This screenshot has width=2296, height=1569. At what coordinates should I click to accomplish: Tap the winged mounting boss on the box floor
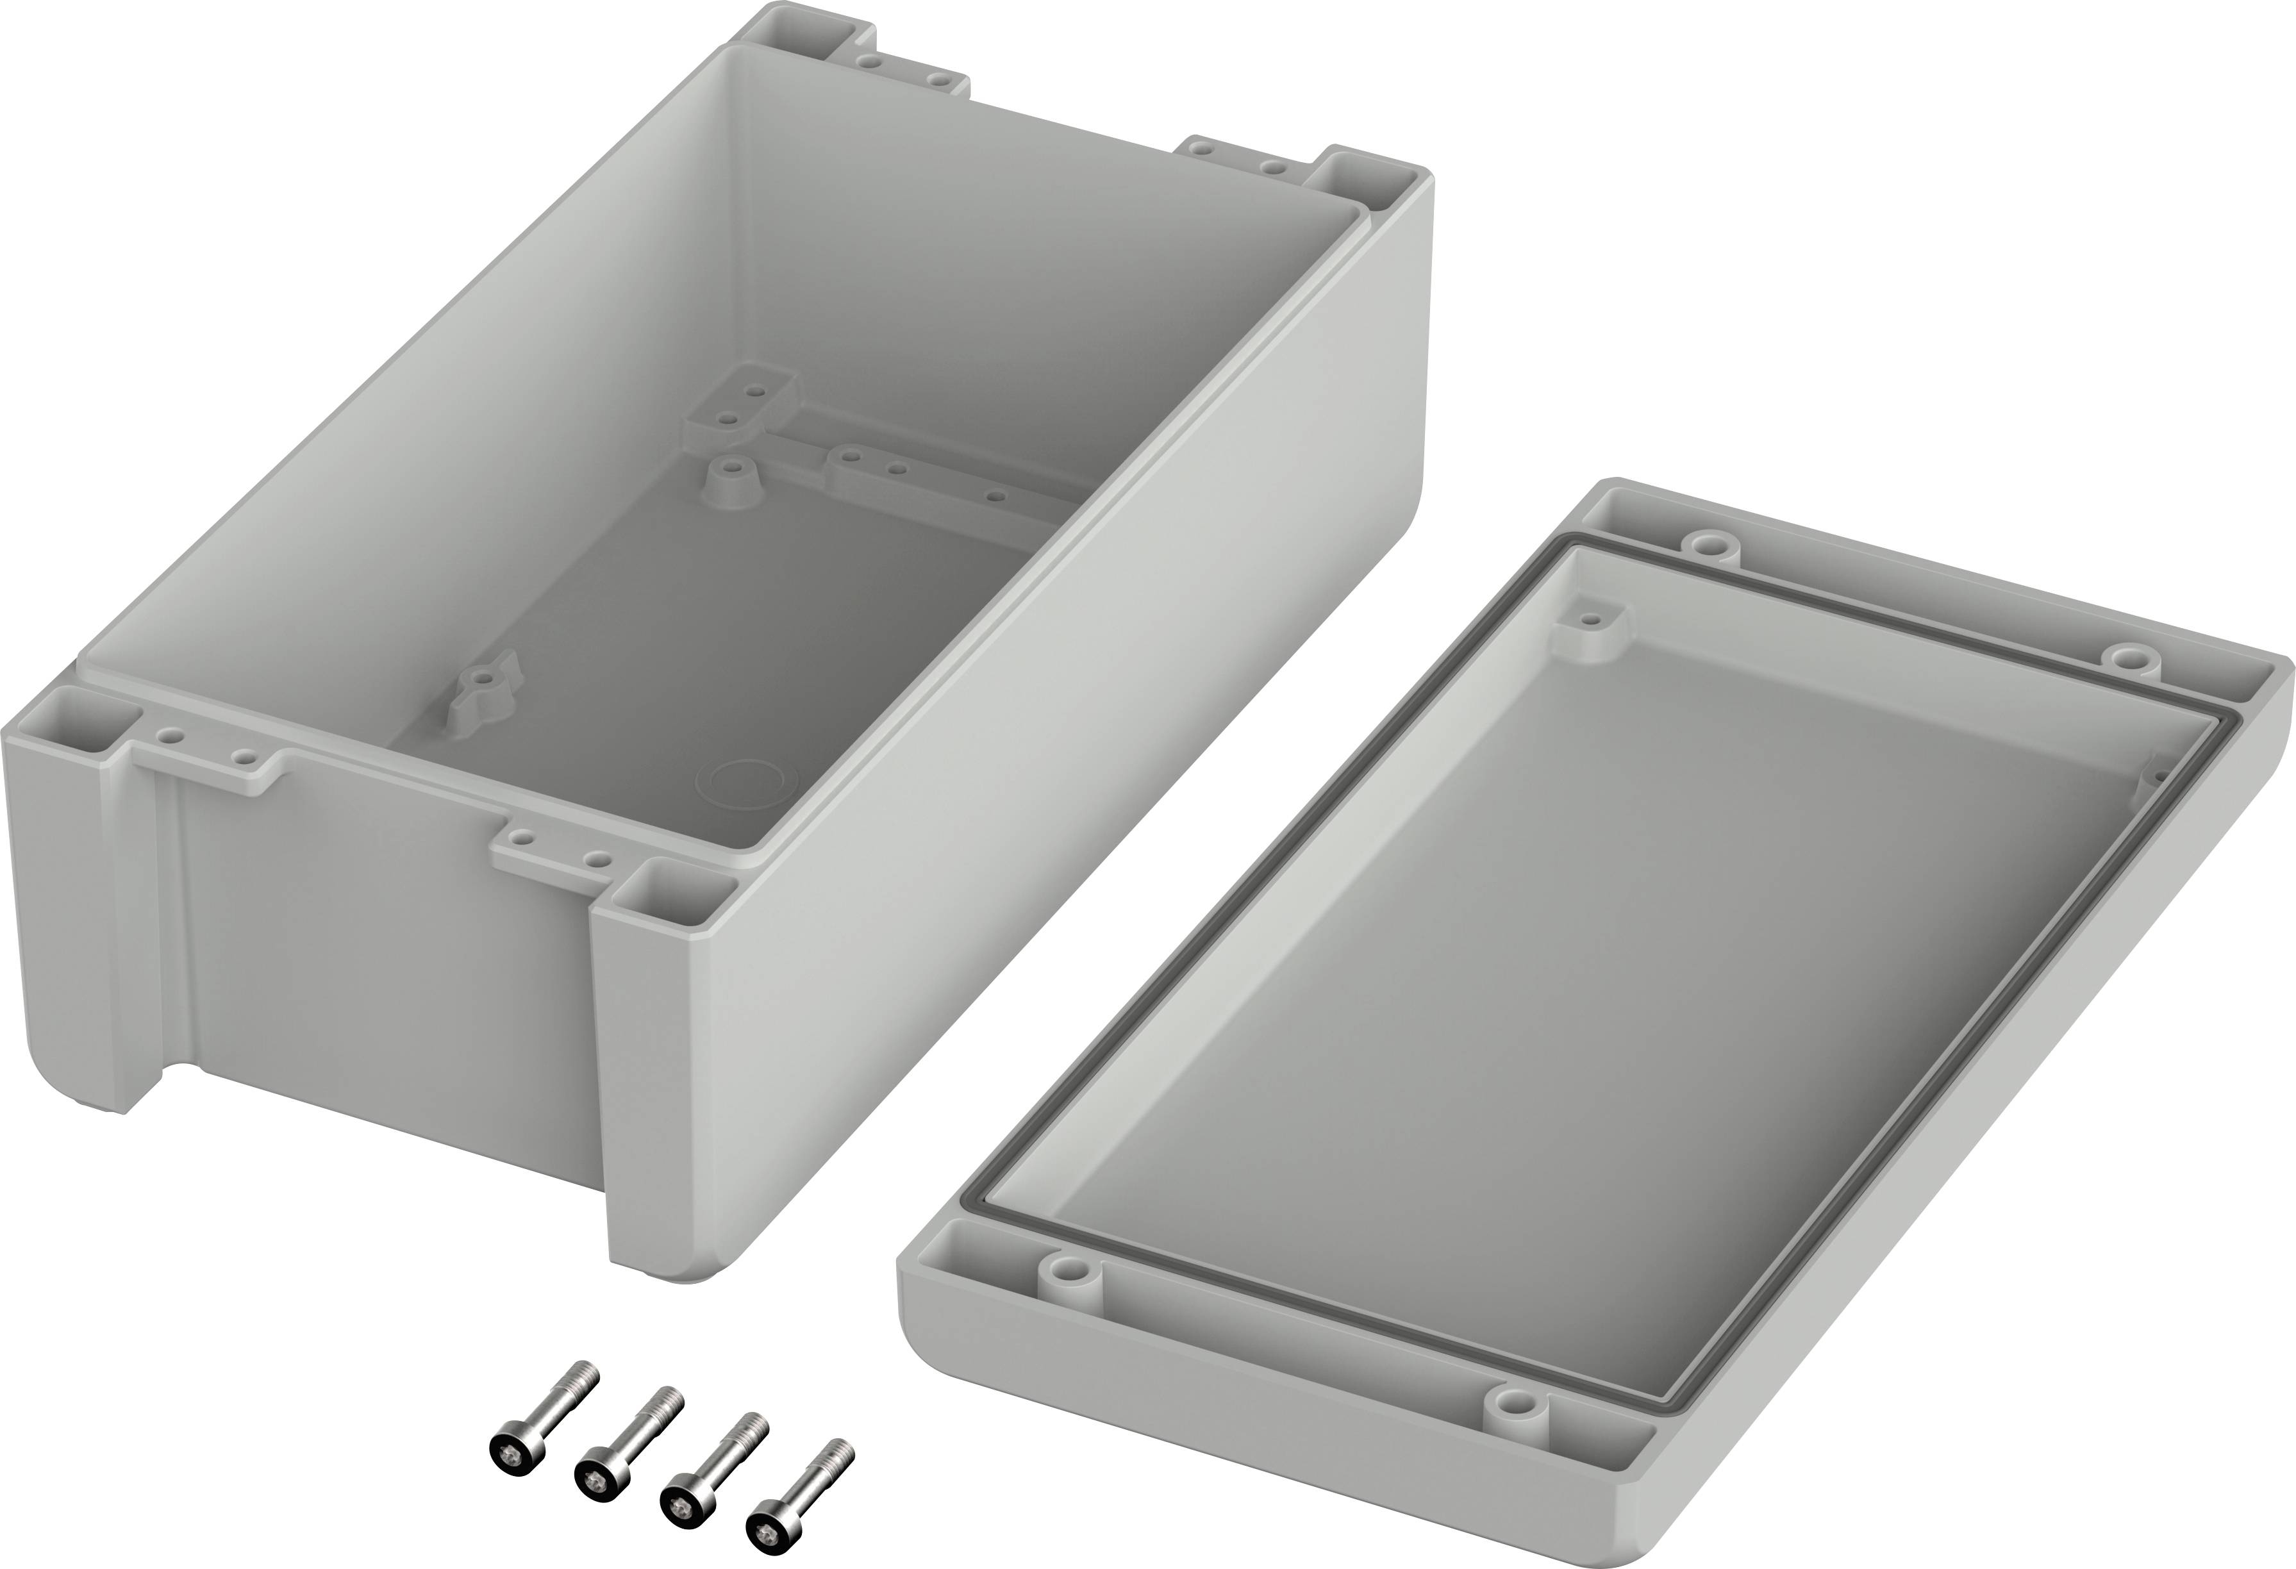[x=481, y=682]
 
